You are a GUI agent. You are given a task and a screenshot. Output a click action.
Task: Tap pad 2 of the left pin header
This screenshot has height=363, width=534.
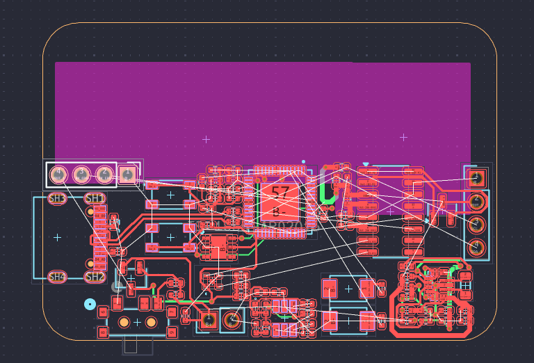click(x=105, y=174)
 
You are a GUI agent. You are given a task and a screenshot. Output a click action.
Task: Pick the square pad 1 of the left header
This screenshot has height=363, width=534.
click(x=128, y=174)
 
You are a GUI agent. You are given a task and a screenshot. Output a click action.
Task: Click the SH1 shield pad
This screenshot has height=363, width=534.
click(x=95, y=199)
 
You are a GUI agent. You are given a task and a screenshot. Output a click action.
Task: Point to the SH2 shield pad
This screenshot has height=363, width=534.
click(x=95, y=277)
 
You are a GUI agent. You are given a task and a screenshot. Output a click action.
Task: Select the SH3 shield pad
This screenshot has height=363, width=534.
click(x=57, y=199)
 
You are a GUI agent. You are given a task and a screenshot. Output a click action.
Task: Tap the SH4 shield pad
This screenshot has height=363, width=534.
click(x=57, y=277)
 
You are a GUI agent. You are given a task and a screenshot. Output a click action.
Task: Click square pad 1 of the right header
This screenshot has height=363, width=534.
click(x=477, y=178)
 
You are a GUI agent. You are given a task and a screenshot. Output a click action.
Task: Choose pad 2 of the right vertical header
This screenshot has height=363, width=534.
click(x=477, y=201)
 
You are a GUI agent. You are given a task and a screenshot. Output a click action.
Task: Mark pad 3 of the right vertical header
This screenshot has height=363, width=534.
click(x=477, y=224)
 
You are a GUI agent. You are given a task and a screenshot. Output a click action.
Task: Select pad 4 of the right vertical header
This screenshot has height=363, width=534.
click(x=477, y=247)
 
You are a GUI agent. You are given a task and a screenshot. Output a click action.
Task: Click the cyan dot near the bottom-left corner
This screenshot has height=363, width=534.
click(x=90, y=304)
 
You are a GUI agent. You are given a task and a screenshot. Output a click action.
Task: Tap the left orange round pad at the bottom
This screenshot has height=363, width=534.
click(x=124, y=322)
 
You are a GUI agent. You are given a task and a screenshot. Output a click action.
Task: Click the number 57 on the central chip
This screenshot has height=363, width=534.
click(x=280, y=193)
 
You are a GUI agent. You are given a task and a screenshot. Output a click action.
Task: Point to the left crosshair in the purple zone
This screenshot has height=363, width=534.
click(x=206, y=139)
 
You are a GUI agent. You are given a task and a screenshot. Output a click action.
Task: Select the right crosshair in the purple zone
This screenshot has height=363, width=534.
click(x=403, y=137)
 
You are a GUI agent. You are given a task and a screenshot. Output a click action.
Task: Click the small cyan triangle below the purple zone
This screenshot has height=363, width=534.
click(x=366, y=165)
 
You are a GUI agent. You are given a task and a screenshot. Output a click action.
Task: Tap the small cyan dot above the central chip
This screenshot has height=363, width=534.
click(x=303, y=161)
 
